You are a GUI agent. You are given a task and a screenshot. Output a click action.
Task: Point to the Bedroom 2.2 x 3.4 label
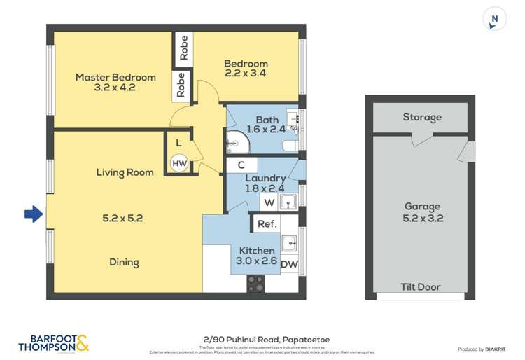tap(246, 68)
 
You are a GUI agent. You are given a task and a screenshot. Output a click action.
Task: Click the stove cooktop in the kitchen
tap(255, 282)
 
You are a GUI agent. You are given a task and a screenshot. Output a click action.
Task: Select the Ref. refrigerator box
tap(267, 224)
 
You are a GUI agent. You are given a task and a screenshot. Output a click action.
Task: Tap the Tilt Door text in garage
tap(420, 286)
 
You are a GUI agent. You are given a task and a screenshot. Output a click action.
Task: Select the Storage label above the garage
tap(422, 117)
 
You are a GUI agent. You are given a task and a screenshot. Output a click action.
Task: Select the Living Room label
tap(125, 172)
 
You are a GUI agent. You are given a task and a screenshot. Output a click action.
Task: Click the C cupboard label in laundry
tap(240, 165)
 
